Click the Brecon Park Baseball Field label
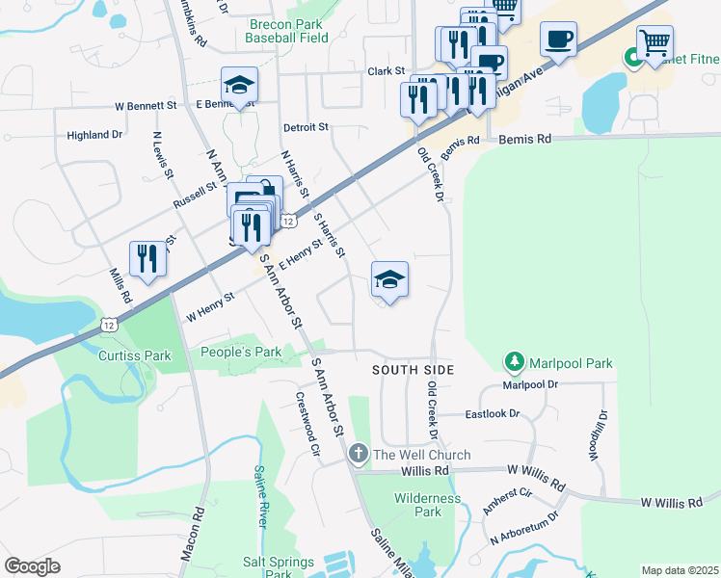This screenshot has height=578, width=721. [286, 31]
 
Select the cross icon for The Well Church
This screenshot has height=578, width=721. [359, 455]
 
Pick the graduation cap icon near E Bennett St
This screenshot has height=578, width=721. [239, 84]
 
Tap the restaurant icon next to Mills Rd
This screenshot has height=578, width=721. [147, 257]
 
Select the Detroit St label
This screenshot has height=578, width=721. [306, 127]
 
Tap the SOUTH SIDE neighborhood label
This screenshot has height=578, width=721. [413, 370]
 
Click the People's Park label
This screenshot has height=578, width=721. [240, 353]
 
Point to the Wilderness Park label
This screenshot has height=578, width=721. [417, 505]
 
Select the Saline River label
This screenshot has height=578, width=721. [260, 495]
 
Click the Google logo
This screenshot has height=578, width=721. [32, 566]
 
